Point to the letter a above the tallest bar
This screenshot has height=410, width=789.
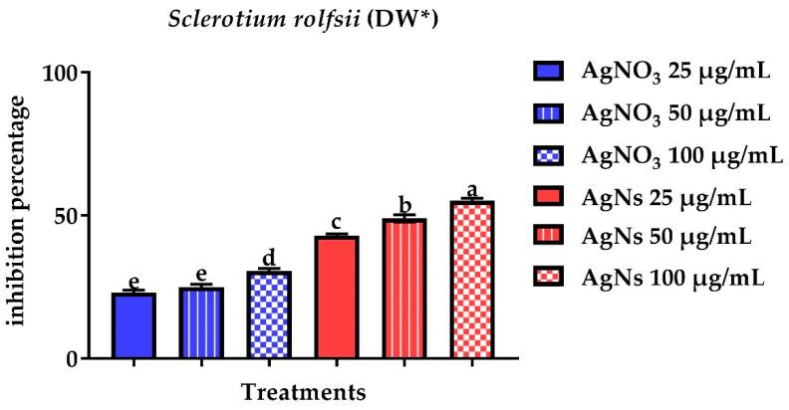click(472, 190)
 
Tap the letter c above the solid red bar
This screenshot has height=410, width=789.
click(337, 223)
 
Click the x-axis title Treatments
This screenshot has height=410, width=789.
click(303, 391)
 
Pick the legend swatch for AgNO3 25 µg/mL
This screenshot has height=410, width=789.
click(551, 73)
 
